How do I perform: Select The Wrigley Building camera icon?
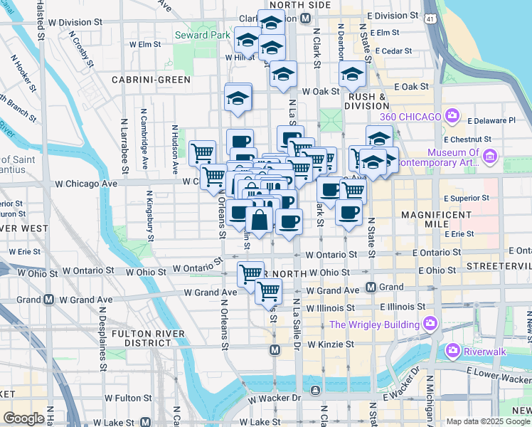click(x=430, y=325)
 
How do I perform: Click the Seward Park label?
click(x=203, y=34)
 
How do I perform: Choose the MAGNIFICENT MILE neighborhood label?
click(x=437, y=219)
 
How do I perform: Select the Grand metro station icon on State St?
click(x=371, y=288)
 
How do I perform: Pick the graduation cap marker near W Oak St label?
click(x=352, y=74)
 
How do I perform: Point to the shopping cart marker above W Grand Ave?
click(x=268, y=290)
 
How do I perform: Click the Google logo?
click(x=24, y=418)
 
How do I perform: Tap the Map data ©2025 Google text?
click(x=488, y=421)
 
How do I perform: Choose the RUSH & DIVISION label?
click(x=367, y=101)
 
